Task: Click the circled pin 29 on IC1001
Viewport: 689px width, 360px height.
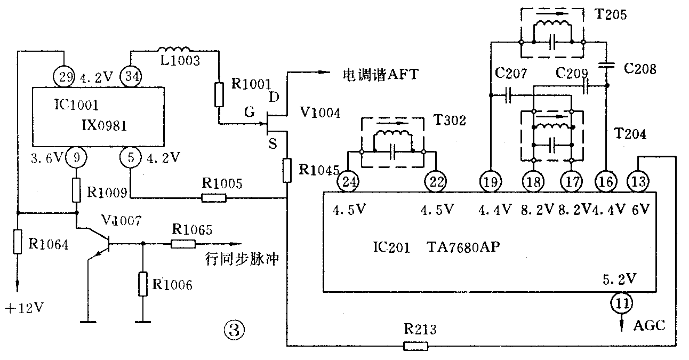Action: click(x=64, y=76)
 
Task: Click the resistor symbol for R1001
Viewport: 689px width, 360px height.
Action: click(x=219, y=94)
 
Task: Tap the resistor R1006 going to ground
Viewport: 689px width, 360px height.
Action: click(x=142, y=284)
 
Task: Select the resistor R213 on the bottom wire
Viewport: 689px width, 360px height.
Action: click(x=415, y=347)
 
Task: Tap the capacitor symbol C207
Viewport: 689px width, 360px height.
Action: click(x=508, y=97)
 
